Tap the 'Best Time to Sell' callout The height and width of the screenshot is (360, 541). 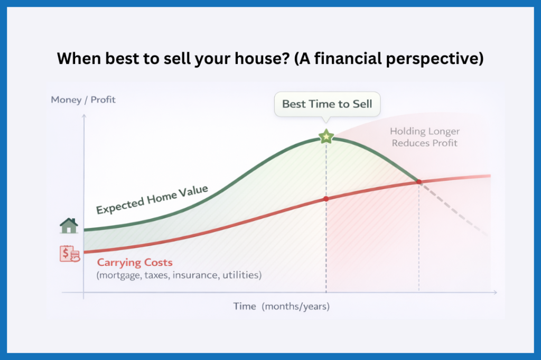pos(327,104)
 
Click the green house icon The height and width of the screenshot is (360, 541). pos(69,226)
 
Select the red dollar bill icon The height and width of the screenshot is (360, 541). pos(70,254)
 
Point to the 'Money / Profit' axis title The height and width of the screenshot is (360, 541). pos(83,99)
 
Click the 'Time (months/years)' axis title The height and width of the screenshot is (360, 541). pos(282,306)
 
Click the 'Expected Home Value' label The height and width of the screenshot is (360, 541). pos(152,200)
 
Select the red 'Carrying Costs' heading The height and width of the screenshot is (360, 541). pos(135,262)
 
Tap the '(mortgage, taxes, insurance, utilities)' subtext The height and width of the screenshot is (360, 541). pos(179,275)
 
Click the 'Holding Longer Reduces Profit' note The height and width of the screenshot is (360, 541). pos(425,137)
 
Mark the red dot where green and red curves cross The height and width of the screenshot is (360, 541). pos(419,182)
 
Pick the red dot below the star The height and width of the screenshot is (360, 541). pos(326,198)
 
